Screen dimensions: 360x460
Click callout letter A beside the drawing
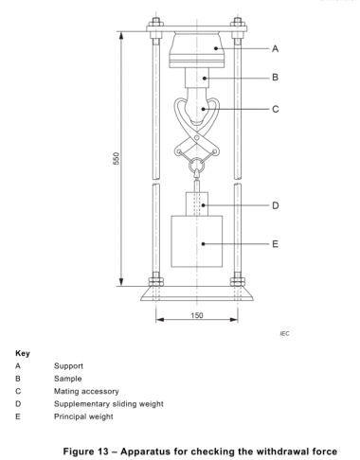tap(275, 48)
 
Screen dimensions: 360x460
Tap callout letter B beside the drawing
tap(275, 78)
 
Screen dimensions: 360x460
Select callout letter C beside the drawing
tap(276, 109)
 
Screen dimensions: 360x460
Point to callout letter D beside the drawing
tap(276, 205)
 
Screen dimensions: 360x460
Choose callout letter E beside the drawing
tap(275, 244)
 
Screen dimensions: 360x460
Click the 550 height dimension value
tap(117, 158)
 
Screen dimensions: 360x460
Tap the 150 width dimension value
tap(197, 315)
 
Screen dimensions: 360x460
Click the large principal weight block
tap(197, 241)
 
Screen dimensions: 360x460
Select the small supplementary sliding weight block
tap(197, 203)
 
